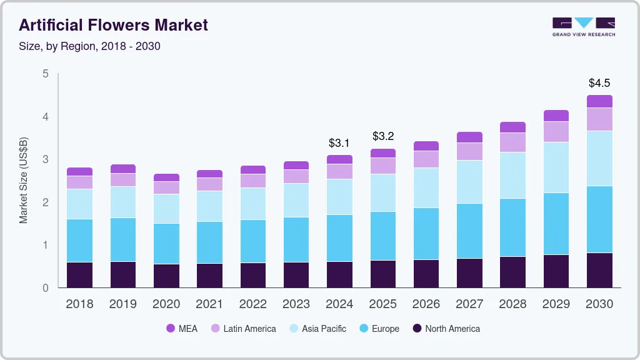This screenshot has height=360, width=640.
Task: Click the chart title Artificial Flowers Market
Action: coord(113,25)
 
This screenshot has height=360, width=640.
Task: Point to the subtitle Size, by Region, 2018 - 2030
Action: coord(89,46)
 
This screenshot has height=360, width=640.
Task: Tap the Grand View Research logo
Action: coord(583,26)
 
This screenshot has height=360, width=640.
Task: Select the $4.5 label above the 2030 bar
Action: coord(599,83)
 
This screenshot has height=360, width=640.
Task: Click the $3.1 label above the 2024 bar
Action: coord(339,143)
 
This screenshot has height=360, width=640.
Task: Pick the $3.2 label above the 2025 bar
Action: coord(382,136)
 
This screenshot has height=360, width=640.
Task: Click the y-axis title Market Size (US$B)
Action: coord(24,181)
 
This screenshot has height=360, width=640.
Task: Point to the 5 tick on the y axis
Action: coord(45,74)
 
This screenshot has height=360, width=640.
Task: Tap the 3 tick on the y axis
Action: coord(45,159)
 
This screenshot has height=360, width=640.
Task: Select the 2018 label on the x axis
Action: coord(79,304)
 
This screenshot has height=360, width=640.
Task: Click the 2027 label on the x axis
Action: coord(469,304)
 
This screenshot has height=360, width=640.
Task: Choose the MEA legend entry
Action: coord(181,328)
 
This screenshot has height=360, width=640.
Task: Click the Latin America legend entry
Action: coord(242,328)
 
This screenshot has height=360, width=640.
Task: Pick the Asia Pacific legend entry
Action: coord(317,328)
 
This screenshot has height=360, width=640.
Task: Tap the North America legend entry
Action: coord(446,328)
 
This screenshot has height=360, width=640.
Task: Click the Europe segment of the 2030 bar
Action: coord(599,219)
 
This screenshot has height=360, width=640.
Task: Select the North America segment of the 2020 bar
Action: coord(166,276)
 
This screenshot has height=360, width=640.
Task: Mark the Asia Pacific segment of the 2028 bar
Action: coord(512,175)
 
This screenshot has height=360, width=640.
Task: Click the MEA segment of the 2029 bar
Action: coord(556,116)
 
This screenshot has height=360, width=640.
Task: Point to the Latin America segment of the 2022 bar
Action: coord(252,181)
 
